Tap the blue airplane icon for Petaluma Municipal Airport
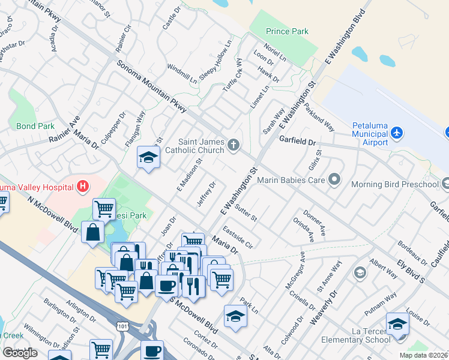pyautogui.click(x=396, y=132)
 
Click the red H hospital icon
pyautogui.click(x=82, y=188)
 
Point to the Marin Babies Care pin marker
pyautogui.click(x=335, y=179)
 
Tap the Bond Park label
pyautogui.click(x=35, y=126)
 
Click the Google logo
pyautogui.click(x=20, y=353)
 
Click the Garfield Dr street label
pyautogui.click(x=297, y=140)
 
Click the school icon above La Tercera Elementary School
pyautogui.click(x=397, y=325)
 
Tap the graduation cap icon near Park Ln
pyautogui.click(x=236, y=316)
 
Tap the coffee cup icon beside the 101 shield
pyautogui.click(x=152, y=350)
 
